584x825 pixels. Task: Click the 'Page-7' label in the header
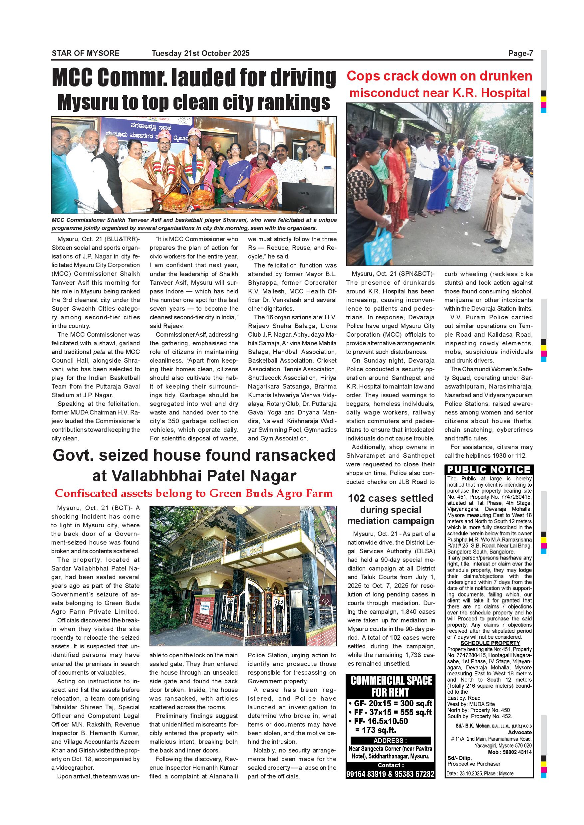coord(520,54)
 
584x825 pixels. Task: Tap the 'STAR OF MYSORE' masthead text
coord(86,54)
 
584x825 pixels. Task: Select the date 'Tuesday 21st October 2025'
coord(200,54)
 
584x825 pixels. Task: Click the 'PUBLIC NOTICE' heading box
coord(489,470)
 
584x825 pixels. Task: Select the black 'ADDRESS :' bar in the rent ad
coord(391,741)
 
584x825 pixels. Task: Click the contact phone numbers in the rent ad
coord(391,774)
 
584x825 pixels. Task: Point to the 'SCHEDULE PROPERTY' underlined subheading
coord(490,643)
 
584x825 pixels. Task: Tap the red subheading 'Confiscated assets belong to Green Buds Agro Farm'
coord(194,493)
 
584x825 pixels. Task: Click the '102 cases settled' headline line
coord(391,498)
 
